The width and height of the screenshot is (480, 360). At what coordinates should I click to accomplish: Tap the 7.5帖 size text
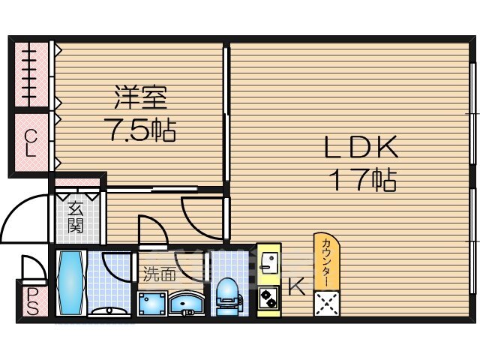(x=140, y=131)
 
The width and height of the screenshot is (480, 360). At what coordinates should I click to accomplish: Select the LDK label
(x=359, y=148)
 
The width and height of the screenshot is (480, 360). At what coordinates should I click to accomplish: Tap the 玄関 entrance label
(x=75, y=217)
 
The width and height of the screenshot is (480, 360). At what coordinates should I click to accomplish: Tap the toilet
(x=226, y=292)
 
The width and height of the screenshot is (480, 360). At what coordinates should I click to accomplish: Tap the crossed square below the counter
(x=327, y=303)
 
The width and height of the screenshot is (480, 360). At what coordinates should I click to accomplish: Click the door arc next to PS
(x=34, y=267)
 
